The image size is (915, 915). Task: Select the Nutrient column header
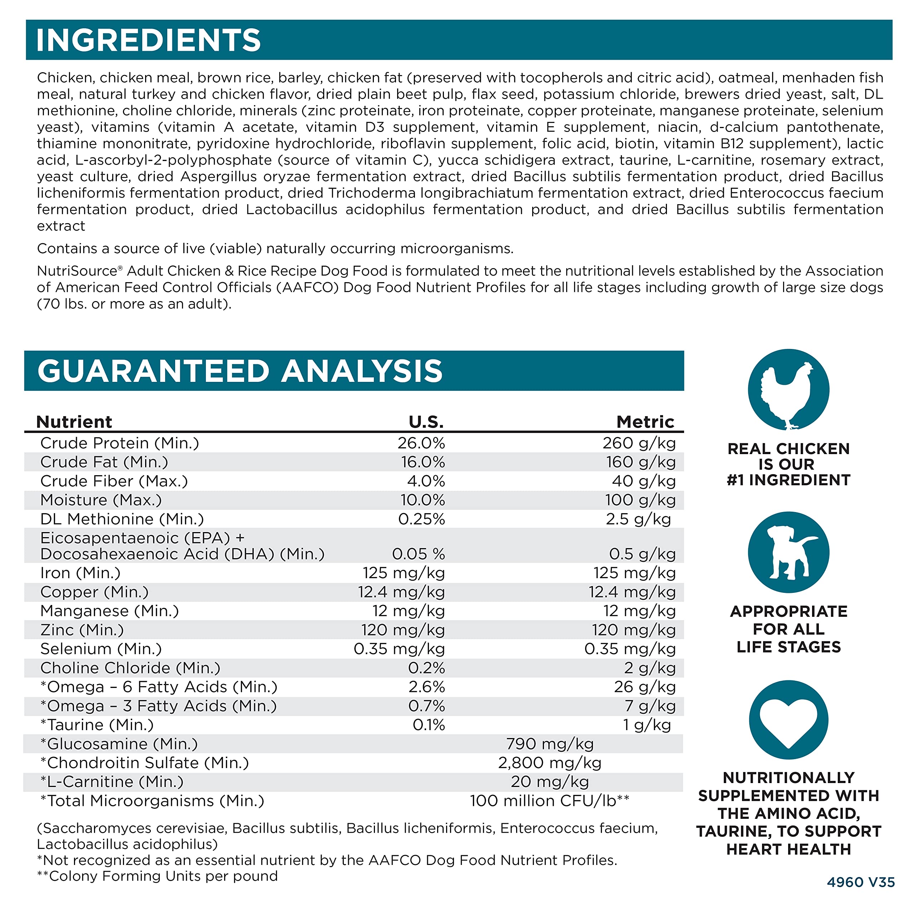click(x=74, y=422)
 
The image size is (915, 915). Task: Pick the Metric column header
click(x=645, y=422)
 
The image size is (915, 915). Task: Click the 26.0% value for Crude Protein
click(x=421, y=443)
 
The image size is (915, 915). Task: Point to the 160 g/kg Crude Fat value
click(x=641, y=462)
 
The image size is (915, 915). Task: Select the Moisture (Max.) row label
click(x=101, y=500)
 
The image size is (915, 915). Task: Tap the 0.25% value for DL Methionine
click(x=421, y=519)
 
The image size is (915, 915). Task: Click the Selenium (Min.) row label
click(x=101, y=649)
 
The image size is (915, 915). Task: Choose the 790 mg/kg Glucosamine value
click(x=549, y=744)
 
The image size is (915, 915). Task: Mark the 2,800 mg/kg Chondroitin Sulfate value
click(x=549, y=763)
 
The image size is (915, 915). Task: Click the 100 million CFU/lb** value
click(x=549, y=801)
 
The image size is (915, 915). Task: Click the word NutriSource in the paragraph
click(x=77, y=271)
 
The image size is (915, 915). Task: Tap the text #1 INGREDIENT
click(x=788, y=480)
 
